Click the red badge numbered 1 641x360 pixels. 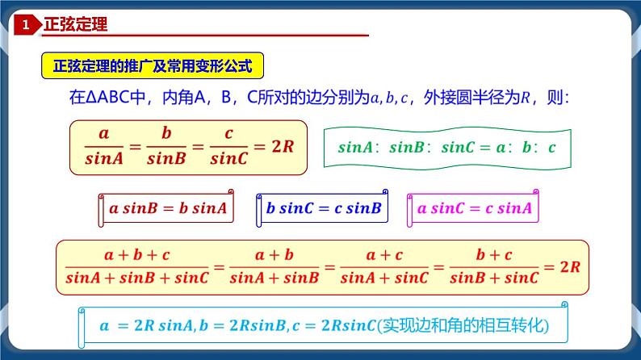(x=26, y=26)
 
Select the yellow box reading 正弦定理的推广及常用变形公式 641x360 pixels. (x=152, y=64)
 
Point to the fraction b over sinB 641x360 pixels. (x=167, y=146)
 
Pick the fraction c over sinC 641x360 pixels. (x=228, y=146)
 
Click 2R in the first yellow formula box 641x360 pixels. (x=280, y=146)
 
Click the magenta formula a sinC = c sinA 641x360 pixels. (x=475, y=209)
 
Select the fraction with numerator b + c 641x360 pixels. (x=494, y=266)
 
